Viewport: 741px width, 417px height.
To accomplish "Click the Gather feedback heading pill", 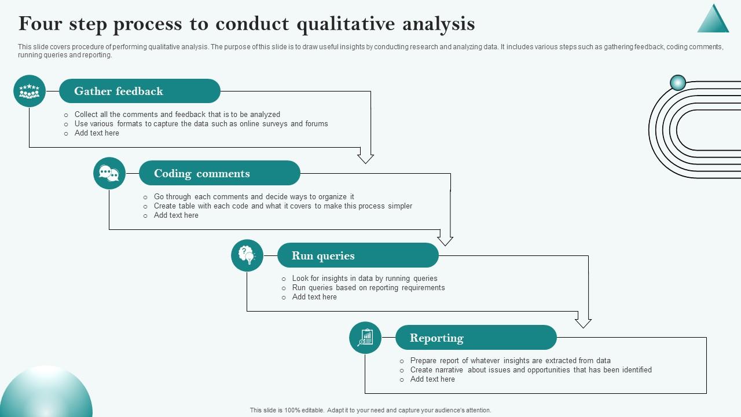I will click(x=140, y=91).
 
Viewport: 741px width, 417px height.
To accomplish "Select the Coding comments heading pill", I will click(x=219, y=173).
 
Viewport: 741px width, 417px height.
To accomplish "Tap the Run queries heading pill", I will click(x=358, y=255).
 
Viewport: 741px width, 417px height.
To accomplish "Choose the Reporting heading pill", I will click(x=476, y=338).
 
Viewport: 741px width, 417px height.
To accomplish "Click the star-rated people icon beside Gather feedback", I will click(x=30, y=91).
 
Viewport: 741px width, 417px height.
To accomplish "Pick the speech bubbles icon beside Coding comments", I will click(x=109, y=173).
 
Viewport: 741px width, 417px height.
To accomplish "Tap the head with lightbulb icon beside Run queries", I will click(x=247, y=255).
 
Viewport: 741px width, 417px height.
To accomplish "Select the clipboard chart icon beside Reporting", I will click(x=365, y=338).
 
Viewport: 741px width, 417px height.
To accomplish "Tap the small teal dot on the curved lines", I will click(x=678, y=83).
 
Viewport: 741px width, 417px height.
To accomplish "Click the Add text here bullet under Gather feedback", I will click(x=97, y=133).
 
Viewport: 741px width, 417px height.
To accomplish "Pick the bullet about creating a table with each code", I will click(x=283, y=206).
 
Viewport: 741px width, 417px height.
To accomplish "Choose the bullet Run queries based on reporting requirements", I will click(x=368, y=288).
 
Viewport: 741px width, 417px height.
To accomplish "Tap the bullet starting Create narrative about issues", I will click(x=531, y=370).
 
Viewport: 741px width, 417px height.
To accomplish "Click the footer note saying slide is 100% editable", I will click(x=370, y=410).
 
